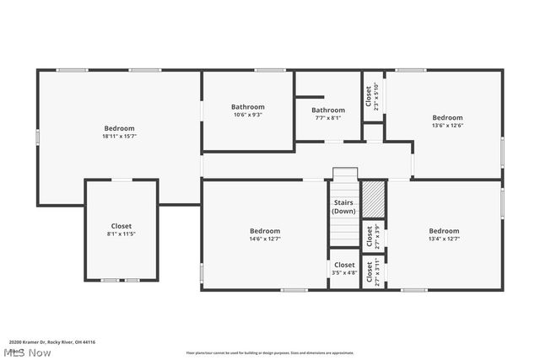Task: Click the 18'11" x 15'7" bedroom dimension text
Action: click(x=119, y=136)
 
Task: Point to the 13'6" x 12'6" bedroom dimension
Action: click(x=447, y=126)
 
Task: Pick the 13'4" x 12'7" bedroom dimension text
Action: click(x=444, y=239)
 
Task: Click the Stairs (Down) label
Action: click(x=343, y=206)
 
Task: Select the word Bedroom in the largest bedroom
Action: click(x=119, y=128)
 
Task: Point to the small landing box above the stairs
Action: click(x=345, y=174)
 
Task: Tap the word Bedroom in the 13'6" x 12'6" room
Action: click(x=447, y=117)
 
